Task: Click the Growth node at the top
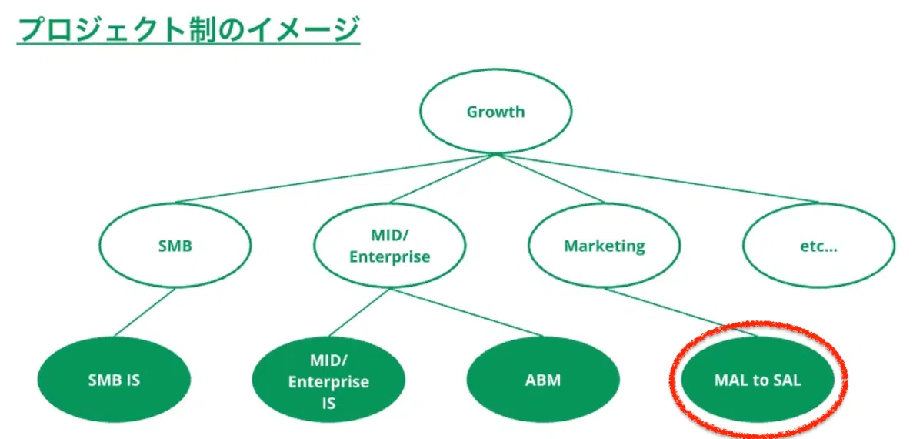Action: [495, 112]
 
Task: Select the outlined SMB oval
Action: [175, 246]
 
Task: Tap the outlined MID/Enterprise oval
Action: [390, 246]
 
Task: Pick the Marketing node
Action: [605, 246]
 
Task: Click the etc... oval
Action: [819, 246]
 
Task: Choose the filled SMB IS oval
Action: [114, 380]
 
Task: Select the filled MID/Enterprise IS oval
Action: [329, 380]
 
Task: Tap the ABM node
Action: [543, 380]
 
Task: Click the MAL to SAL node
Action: [758, 380]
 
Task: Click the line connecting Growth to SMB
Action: [335, 179]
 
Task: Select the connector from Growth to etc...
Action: [657, 179]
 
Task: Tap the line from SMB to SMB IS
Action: [145, 313]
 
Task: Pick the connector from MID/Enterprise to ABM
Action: [466, 313]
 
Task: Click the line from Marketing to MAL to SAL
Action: [681, 313]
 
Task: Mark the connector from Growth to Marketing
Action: [550, 179]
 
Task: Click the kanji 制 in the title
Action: [203, 29]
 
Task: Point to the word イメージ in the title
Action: [303, 29]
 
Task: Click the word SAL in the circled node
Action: [788, 380]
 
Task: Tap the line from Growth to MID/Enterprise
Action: [442, 179]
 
